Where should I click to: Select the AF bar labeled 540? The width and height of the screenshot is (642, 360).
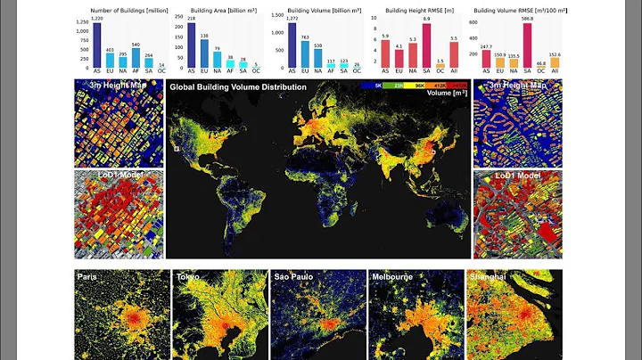pyautogui.click(x=136, y=59)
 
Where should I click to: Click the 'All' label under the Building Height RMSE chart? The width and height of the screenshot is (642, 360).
pyautogui.click(x=454, y=73)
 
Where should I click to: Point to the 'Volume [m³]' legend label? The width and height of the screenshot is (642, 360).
pyautogui.click(x=447, y=93)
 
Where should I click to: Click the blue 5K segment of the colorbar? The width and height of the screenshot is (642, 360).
pyautogui.click(x=381, y=86)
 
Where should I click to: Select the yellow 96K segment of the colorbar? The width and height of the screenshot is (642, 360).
pyautogui.click(x=420, y=86)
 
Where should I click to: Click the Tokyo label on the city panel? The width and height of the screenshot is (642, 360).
pyautogui.click(x=188, y=277)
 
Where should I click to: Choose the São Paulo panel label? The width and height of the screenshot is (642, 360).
pyautogui.click(x=292, y=277)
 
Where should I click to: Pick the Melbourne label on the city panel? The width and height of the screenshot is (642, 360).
pyautogui.click(x=391, y=277)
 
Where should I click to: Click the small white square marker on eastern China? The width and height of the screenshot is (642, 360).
pyautogui.click(x=433, y=153)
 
